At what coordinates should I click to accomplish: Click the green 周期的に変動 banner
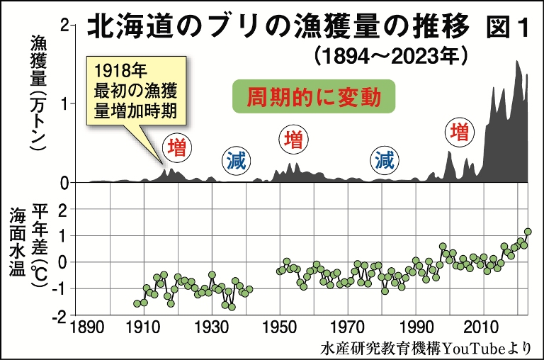313,97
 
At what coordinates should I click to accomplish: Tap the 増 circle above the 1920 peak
178,147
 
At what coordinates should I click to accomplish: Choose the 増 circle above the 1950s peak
292,138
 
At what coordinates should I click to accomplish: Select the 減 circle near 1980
385,160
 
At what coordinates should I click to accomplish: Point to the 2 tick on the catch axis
66,25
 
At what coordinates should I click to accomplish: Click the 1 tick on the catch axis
66,103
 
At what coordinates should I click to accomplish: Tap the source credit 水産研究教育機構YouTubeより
425,347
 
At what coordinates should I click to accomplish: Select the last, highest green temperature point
527,232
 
